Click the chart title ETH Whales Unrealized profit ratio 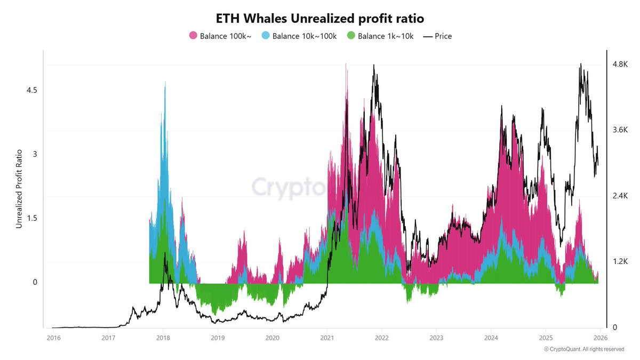(319, 19)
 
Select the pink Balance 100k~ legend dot (193, 35)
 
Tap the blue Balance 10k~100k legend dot (266, 35)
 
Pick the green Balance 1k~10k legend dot (351, 35)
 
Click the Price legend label (443, 36)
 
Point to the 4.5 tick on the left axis (31, 90)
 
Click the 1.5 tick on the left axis (31, 218)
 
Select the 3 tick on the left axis (35, 154)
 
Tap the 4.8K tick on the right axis (620, 64)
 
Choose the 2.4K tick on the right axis (620, 196)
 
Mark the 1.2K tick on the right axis (620, 261)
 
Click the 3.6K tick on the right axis (620, 130)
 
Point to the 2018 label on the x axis (163, 338)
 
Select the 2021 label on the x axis (327, 338)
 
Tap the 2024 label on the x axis (491, 338)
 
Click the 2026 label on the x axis (601, 338)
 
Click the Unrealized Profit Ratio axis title (19, 189)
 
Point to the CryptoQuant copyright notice (584, 349)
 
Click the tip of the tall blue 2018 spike (165, 82)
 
